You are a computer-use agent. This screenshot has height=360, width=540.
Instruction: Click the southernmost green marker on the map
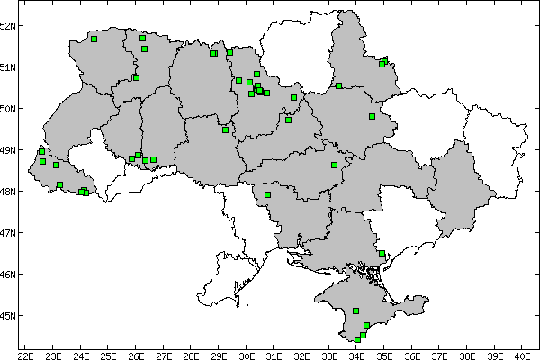pyautogui.click(x=357, y=339)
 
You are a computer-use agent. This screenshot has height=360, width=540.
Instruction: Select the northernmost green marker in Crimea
pyautogui.click(x=356, y=310)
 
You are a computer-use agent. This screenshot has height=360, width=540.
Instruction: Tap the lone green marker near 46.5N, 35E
pyautogui.click(x=382, y=254)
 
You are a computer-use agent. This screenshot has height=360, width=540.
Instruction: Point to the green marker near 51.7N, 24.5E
pyautogui.click(x=94, y=39)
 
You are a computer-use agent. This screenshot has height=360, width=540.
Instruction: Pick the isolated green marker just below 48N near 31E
pyautogui.click(x=267, y=194)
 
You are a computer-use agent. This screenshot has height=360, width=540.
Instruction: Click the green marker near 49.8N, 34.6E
pyautogui.click(x=372, y=116)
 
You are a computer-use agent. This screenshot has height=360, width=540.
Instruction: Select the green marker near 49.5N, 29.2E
pyautogui.click(x=225, y=130)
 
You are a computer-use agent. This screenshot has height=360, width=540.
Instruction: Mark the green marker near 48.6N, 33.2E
pyautogui.click(x=334, y=165)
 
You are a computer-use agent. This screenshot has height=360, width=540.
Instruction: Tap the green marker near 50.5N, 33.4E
pyautogui.click(x=338, y=86)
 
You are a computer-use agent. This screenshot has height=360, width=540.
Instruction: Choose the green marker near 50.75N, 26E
pyautogui.click(x=136, y=77)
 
